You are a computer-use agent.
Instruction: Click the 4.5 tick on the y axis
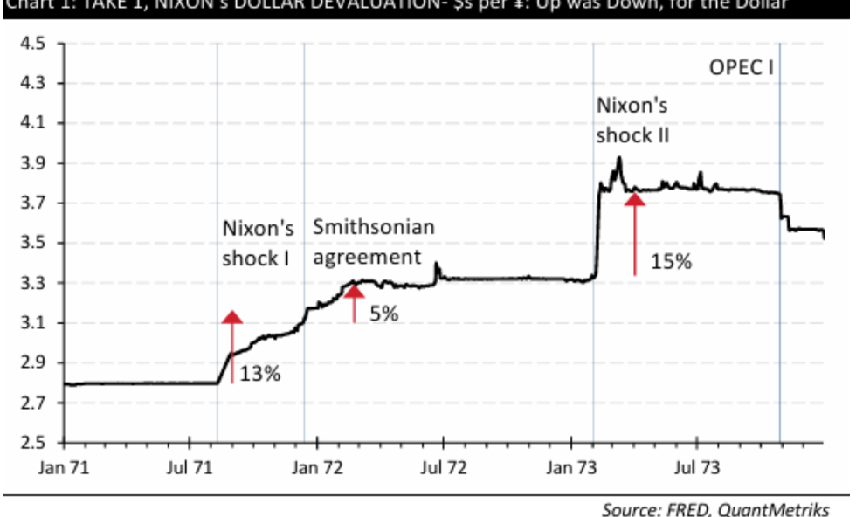pos(33,44)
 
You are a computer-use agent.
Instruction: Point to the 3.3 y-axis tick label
pos(33,283)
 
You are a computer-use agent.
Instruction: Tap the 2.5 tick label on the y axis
pos(33,443)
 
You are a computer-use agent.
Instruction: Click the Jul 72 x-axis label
pos(442,468)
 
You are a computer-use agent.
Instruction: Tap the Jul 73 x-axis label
pos(696,468)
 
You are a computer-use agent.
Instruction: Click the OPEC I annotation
pos(742,69)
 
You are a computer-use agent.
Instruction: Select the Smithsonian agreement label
pos(374,243)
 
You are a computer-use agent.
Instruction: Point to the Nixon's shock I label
pos(257,244)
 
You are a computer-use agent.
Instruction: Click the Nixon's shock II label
pos(632,121)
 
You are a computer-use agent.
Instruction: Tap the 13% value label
pos(259,375)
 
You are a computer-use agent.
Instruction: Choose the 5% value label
pos(383,314)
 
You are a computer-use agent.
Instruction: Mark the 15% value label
pos(671,261)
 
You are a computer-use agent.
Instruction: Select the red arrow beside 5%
pos(354,302)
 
